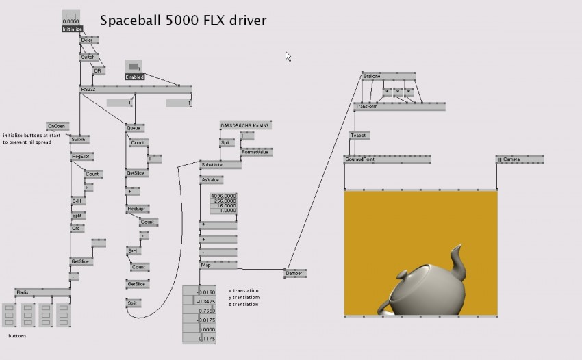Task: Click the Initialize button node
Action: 72,29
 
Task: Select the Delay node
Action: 87,40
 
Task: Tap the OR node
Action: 97,70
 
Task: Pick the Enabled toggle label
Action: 134,77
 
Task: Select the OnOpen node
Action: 57,126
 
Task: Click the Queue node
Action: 134,127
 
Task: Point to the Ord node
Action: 77,228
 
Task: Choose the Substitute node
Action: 211,165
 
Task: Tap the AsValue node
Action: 210,179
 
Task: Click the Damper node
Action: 294,273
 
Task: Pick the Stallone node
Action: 372,75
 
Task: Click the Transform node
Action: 366,107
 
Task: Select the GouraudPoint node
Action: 359,159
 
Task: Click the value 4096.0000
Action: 223,196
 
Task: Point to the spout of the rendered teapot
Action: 459,263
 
